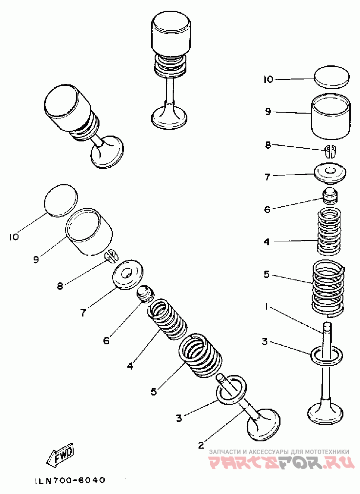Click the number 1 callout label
(265, 307)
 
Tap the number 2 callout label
(200, 444)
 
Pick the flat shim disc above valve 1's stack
(332, 77)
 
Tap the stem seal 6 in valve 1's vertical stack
(330, 197)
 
